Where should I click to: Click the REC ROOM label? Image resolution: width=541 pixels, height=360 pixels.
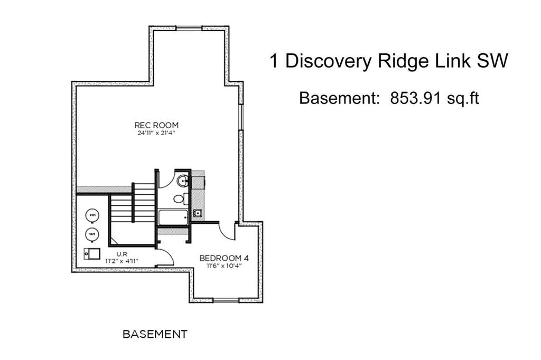pyautogui.click(x=156, y=125)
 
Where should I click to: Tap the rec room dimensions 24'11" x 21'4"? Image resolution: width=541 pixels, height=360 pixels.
pyautogui.click(x=156, y=133)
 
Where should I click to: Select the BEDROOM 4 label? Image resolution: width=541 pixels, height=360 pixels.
pyautogui.click(x=223, y=258)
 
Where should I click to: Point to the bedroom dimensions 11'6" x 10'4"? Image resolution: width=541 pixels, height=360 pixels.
pyautogui.click(x=223, y=266)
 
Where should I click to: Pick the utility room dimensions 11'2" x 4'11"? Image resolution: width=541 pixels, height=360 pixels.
pyautogui.click(x=122, y=261)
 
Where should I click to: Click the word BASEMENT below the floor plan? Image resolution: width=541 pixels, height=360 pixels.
pyautogui.click(x=155, y=334)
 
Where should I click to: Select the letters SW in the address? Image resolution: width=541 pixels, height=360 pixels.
pyautogui.click(x=493, y=61)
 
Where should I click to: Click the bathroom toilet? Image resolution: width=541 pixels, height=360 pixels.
pyautogui.click(x=181, y=199)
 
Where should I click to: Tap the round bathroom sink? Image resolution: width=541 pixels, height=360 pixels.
pyautogui.click(x=182, y=181)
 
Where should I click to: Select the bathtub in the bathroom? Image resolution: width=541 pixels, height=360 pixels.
pyautogui.click(x=173, y=217)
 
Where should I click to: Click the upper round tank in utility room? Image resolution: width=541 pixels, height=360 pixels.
pyautogui.click(x=92, y=215)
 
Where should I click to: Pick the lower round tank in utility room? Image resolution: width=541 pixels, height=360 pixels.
pyautogui.click(x=92, y=233)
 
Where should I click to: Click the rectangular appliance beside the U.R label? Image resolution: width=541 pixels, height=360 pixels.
pyautogui.click(x=92, y=254)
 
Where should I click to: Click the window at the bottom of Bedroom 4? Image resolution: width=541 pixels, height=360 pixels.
pyautogui.click(x=226, y=301)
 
